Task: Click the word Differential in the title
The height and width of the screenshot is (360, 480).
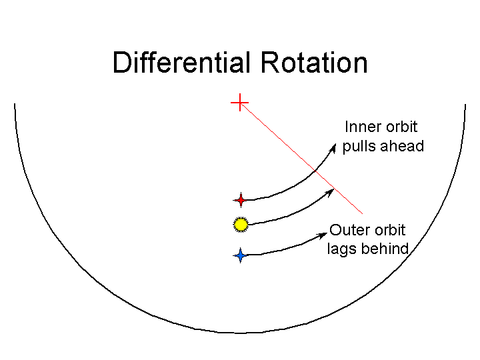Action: (181, 63)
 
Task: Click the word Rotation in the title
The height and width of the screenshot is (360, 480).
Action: (314, 63)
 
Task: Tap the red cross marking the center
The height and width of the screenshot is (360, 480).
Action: (240, 103)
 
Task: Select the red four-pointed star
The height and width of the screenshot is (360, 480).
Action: (241, 200)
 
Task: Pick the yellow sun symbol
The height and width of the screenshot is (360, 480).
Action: (241, 225)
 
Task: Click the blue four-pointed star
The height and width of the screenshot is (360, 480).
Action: (241, 255)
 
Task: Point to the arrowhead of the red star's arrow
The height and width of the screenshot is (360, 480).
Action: (333, 149)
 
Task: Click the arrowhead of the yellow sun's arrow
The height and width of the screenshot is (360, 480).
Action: (329, 193)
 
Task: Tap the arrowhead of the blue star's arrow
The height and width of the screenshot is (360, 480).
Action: (323, 235)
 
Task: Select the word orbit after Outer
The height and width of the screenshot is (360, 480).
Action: (391, 230)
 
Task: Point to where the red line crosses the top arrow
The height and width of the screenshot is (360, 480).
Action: (315, 171)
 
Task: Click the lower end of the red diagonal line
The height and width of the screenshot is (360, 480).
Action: (363, 213)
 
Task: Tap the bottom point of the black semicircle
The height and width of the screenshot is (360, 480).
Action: (240, 333)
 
